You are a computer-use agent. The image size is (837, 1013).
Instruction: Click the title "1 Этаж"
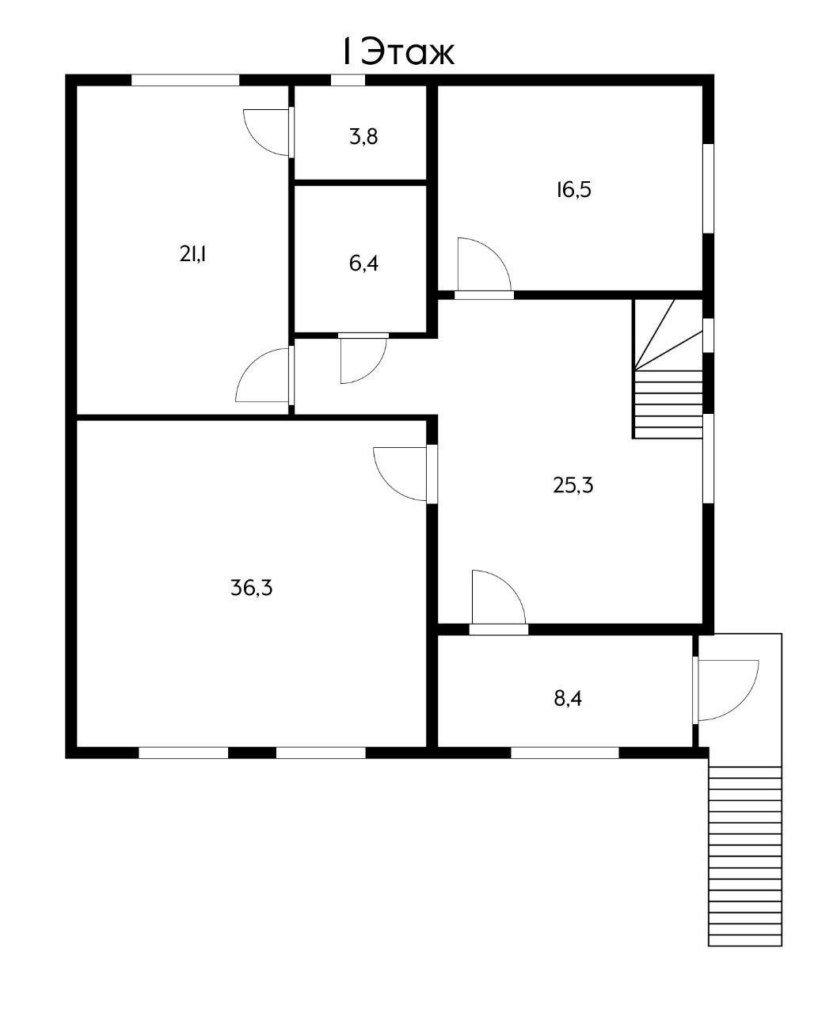[x=398, y=52]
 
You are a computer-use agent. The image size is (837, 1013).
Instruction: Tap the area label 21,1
[x=192, y=254]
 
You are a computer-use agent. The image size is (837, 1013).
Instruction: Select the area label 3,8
[x=363, y=137]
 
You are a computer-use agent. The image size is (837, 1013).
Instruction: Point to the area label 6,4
[x=363, y=264]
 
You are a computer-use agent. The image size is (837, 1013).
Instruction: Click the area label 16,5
[x=573, y=190]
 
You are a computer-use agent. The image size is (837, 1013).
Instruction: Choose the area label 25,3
[x=573, y=484]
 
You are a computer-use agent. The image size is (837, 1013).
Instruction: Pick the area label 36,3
[x=252, y=588]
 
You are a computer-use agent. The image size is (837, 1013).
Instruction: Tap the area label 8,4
[x=568, y=699]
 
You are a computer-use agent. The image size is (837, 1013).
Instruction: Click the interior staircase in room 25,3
[x=668, y=369]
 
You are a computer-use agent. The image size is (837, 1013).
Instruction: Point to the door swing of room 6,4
[x=363, y=360]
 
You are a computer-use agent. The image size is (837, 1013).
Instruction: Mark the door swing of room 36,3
[x=400, y=473]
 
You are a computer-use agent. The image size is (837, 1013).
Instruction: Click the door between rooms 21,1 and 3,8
[x=268, y=132]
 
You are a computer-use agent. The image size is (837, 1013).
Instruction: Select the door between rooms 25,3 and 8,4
[x=499, y=598]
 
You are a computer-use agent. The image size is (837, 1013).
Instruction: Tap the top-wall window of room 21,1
[x=185, y=80]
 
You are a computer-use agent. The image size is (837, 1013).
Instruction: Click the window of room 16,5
[x=709, y=188]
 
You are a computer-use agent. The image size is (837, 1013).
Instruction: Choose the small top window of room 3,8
[x=348, y=80]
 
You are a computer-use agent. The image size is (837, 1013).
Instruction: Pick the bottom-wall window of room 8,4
[x=565, y=753]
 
